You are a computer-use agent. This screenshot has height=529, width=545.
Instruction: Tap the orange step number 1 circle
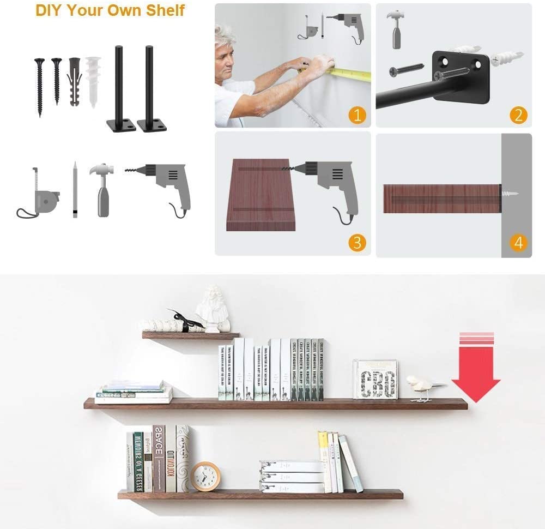358,115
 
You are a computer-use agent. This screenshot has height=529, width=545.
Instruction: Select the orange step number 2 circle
518,115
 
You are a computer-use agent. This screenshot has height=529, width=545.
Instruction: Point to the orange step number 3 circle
357,243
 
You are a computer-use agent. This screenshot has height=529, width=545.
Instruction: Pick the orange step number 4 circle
518,243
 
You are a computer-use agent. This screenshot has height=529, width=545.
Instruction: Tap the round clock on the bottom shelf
205,476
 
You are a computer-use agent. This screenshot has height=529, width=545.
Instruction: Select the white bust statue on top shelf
213,308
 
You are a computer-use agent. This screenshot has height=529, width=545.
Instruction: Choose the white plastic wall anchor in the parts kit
94,81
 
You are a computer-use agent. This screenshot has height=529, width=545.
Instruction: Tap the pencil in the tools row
75,189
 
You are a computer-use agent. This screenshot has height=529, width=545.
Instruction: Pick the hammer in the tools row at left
102,188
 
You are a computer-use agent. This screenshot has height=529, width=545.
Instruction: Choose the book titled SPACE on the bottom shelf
159,458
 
